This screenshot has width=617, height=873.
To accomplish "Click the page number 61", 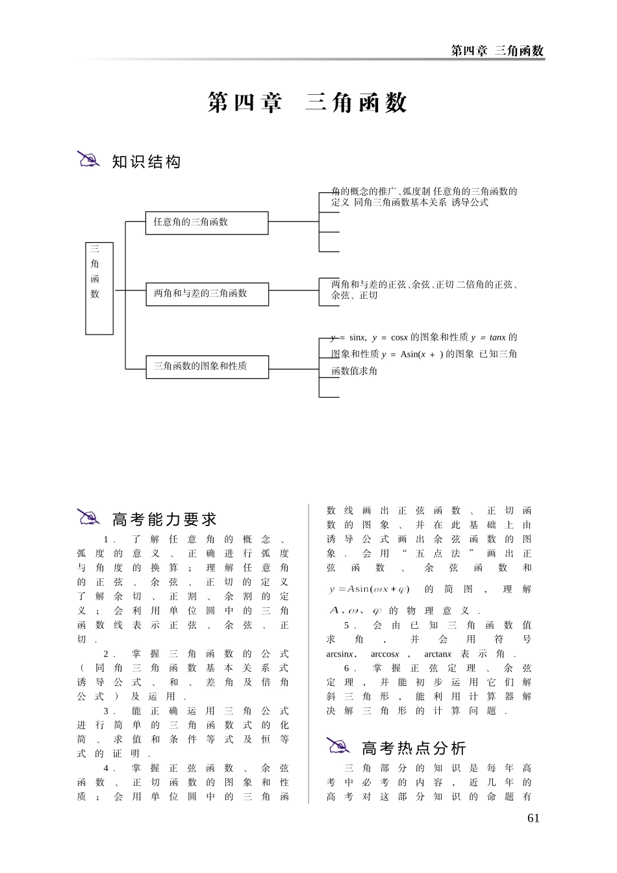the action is (533, 818).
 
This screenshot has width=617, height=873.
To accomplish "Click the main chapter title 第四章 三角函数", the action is (307, 103).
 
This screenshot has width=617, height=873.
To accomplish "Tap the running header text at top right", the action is (497, 51).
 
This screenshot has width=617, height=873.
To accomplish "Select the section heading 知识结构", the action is (146, 162).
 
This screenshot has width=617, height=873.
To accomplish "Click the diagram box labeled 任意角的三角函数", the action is (207, 222).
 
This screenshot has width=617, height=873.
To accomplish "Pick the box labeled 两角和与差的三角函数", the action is (207, 294).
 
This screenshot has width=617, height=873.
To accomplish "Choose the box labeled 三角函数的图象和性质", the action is (207, 366).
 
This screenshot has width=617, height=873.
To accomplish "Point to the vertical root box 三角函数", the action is (99, 288).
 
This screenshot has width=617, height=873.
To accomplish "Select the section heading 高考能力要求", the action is (164, 519).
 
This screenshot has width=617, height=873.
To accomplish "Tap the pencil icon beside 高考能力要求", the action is (88, 517).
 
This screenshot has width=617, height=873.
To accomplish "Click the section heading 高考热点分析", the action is (414, 748).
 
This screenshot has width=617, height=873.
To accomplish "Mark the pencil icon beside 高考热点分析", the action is (338, 746).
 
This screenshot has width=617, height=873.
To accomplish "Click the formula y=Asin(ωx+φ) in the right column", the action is (369, 589).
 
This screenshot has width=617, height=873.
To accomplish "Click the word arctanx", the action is (438, 654).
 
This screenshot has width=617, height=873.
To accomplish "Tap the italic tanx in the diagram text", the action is (497, 337).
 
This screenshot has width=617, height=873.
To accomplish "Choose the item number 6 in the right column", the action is (347, 668).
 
